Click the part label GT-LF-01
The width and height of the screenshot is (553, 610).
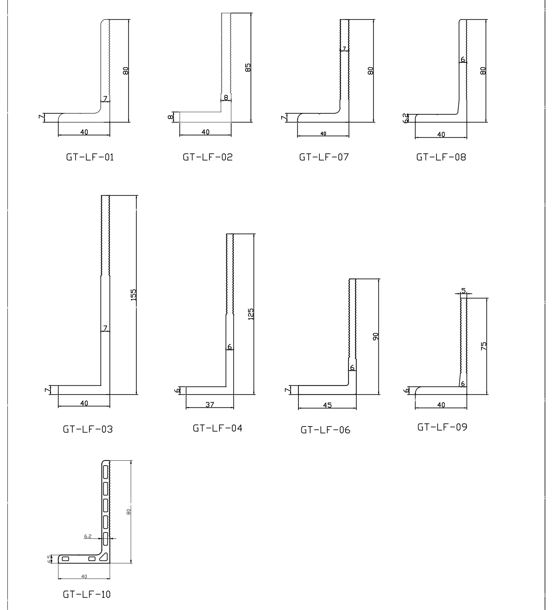point(90,157)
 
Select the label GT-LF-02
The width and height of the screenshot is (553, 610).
point(207,157)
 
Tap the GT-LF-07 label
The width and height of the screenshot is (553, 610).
point(324,157)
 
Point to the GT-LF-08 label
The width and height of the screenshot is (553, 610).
point(441,157)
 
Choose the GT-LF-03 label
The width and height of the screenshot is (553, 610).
point(88,429)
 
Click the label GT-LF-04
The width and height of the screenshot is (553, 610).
point(217,428)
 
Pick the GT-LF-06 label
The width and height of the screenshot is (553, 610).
point(325,430)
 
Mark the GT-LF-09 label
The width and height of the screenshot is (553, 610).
point(442,427)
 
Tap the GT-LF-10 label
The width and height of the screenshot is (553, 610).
point(87,594)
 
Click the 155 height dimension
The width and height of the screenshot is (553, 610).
point(133,294)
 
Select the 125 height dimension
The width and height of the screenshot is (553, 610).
point(251,314)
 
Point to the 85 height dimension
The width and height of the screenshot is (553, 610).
point(248,68)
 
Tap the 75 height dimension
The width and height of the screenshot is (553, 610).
point(483,346)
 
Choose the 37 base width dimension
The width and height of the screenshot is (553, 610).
point(209,405)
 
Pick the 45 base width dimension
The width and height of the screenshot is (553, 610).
point(327,405)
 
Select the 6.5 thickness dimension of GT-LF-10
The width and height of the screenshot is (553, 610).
point(50,559)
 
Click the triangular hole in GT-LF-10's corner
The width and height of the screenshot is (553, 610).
point(105,557)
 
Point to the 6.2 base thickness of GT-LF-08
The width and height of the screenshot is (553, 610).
point(405,118)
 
